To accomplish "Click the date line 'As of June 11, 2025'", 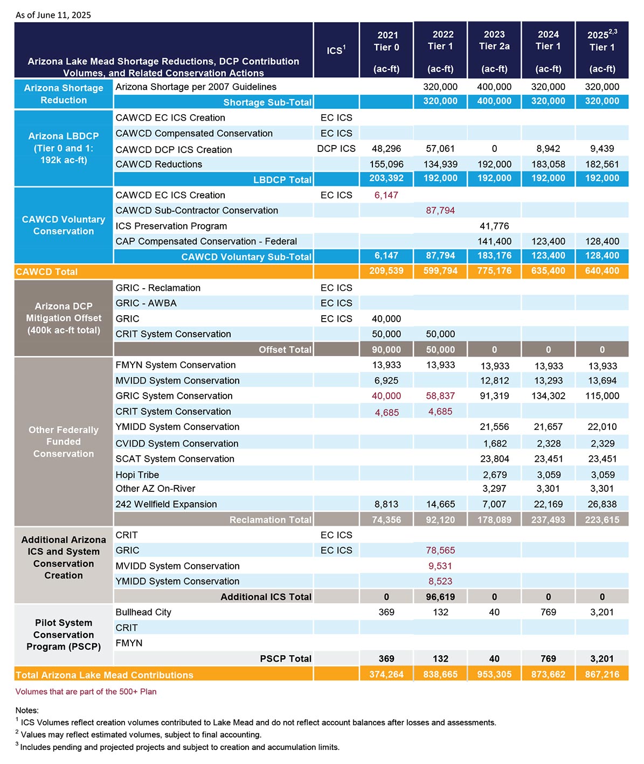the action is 53,15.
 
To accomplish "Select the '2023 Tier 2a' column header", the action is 494,40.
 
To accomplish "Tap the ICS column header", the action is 336,50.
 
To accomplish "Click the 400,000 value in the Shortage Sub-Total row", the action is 494,101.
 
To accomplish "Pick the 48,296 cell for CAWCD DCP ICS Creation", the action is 386,149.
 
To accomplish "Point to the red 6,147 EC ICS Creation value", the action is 386,195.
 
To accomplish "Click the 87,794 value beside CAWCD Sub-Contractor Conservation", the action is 440,210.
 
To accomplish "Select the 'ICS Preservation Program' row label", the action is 171,226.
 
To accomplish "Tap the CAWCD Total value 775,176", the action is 494,271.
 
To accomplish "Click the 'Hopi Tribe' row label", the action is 137,475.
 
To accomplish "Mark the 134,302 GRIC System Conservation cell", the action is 548,395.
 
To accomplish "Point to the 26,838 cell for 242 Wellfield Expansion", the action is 603,504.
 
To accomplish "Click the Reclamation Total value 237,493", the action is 548,519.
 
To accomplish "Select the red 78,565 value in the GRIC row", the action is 440,550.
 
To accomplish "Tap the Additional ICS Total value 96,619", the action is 440,597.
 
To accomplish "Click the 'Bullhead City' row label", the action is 143,612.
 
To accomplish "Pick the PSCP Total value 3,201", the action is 603,658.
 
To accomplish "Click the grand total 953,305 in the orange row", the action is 494,674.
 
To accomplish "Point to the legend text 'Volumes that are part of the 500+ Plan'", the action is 86,692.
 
